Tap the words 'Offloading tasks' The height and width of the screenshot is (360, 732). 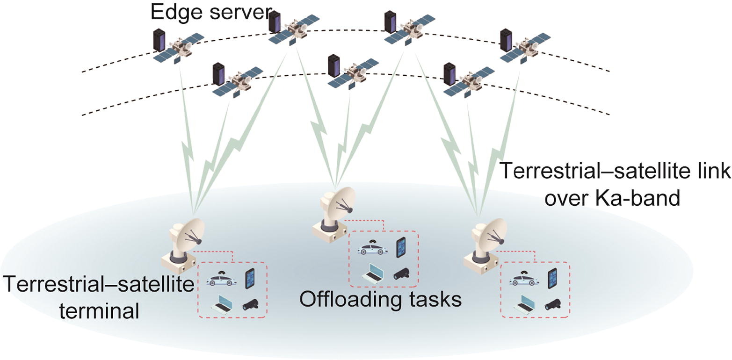click(380, 299)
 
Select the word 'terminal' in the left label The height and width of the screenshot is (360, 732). click(99, 311)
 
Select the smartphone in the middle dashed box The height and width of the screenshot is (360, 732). click(401, 247)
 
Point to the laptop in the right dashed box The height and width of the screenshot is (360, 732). click(524, 304)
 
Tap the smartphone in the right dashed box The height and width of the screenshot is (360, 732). click(553, 278)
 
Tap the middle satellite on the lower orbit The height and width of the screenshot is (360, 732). click(353, 73)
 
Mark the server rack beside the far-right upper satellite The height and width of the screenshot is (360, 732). click(505, 39)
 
